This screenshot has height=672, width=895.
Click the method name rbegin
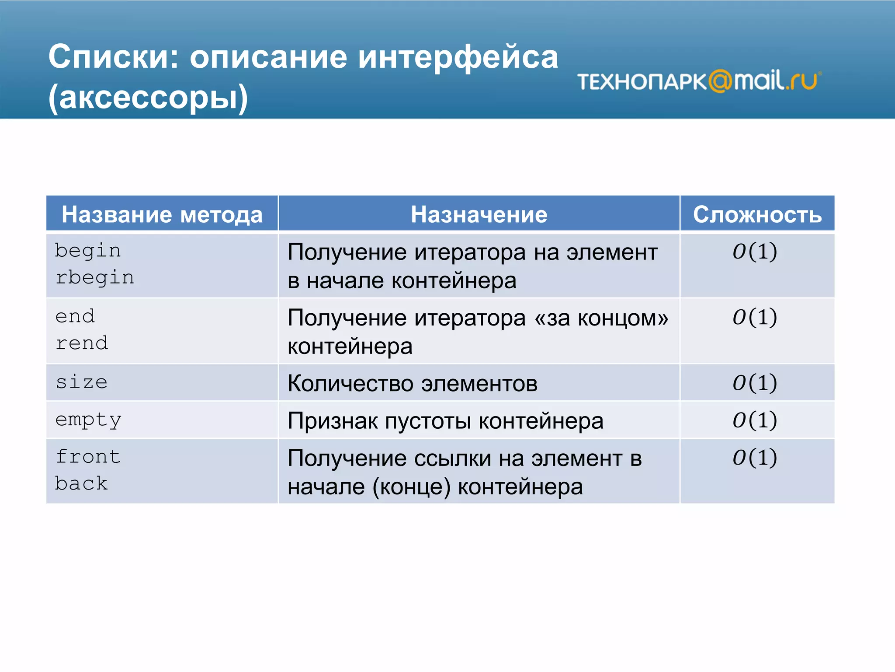point(95,278)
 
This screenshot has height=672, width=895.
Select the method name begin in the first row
point(88,251)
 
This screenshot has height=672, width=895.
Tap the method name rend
point(82,343)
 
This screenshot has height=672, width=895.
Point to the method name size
point(82,382)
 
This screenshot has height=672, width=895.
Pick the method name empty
point(88,420)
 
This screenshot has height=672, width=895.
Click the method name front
point(88,457)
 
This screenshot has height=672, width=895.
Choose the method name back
point(81,484)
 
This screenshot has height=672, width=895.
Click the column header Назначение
point(479,214)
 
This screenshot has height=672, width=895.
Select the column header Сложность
point(757,214)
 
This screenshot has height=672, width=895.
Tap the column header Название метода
point(162,214)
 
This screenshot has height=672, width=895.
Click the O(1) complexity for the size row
point(755,383)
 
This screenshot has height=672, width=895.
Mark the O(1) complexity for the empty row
point(755,420)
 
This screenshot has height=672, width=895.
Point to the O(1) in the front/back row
point(755,458)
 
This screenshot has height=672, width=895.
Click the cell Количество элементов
point(413,383)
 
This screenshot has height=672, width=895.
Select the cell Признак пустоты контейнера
point(445,421)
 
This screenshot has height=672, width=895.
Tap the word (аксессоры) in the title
point(148,97)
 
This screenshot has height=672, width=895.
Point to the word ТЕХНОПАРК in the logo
point(642,81)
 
